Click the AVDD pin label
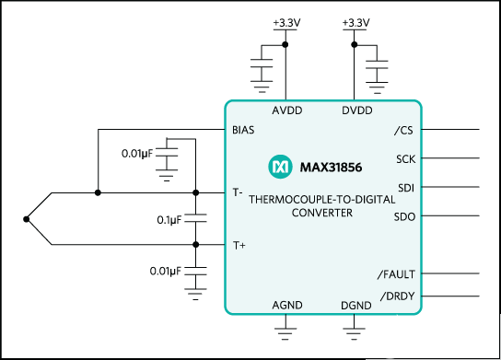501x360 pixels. click(287, 110)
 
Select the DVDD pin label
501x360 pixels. click(357, 110)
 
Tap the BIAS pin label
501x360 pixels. click(243, 130)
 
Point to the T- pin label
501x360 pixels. click(238, 192)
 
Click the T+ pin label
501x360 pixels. click(239, 245)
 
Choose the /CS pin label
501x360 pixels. click(403, 131)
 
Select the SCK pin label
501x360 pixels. click(406, 159)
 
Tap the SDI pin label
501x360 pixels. click(406, 188)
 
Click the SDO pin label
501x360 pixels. click(404, 217)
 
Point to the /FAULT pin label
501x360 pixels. click(396, 274)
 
